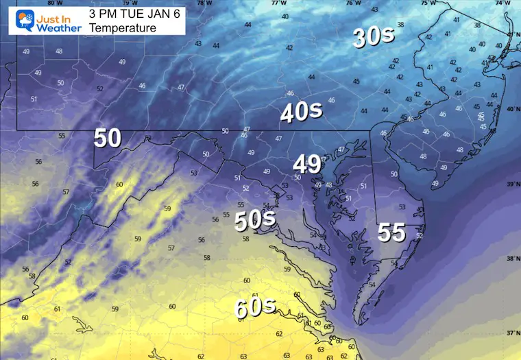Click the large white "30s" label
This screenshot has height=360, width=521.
pos(373,37)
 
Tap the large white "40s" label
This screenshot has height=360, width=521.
pos(301,112)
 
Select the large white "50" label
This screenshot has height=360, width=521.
pos(108,138)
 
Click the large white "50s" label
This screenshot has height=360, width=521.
pos(255,220)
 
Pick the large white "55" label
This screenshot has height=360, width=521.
pos(391,233)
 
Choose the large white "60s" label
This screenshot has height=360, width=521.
pos(254,308)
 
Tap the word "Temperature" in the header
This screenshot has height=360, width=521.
pos(123,28)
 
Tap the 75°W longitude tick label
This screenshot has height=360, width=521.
pos(427,3)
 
